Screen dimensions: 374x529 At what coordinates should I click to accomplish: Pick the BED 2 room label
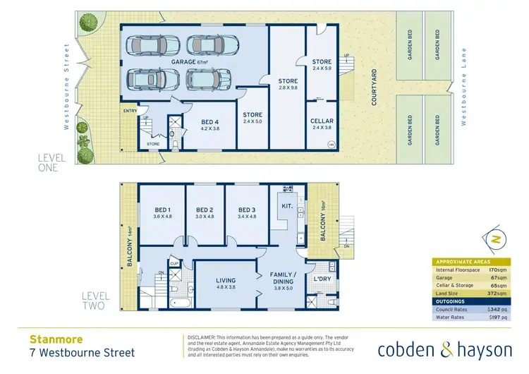coord(205,210)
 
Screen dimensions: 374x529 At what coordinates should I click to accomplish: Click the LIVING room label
coord(226,281)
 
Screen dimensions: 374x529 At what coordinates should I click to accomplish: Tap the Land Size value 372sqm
coord(499,293)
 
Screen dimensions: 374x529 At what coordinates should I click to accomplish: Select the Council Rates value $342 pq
coord(498,308)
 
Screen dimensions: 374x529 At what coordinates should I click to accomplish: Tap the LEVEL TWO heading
coord(94,301)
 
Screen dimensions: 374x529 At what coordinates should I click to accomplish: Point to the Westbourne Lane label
coord(464,87)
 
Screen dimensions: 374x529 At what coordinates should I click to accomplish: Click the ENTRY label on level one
coord(130,110)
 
